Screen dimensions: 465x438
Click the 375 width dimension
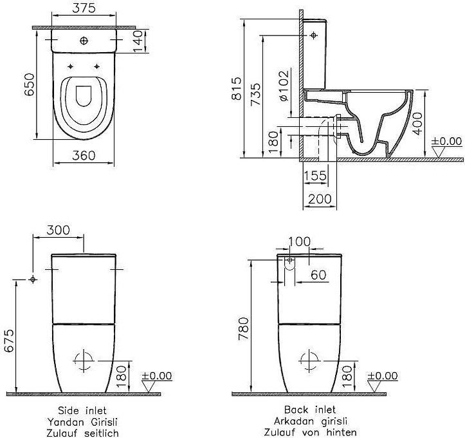pos(84,8)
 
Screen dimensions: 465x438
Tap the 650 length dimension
pos(30,84)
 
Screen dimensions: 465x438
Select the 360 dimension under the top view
pos(84,155)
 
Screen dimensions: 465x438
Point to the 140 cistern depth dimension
pos(138,41)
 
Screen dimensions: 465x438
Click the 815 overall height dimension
pos(237,88)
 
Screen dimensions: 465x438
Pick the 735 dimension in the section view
pos(255,94)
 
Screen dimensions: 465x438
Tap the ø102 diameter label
pos(284,86)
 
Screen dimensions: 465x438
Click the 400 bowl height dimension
pos(417,124)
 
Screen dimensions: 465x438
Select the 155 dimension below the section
pos(315,175)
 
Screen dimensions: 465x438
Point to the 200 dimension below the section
pos(320,198)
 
